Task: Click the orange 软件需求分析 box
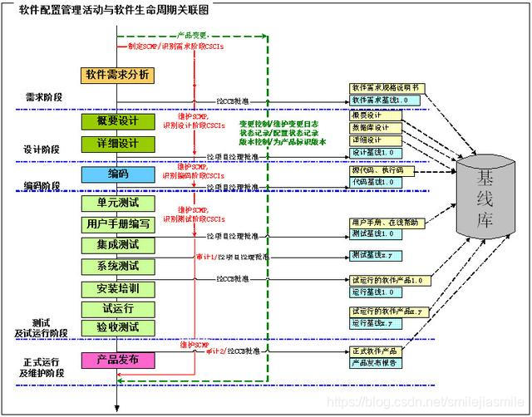[117, 76]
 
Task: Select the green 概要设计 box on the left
[117, 121]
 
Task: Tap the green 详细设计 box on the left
[117, 144]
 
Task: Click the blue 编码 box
[117, 174]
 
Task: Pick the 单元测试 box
[117, 203]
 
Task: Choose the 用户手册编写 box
[117, 224]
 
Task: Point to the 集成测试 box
[117, 245]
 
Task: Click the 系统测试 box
[117, 267]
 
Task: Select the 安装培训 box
[117, 288]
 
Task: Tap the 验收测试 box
[117, 326]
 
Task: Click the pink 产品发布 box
[117, 360]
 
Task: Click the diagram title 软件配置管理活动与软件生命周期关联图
[114, 9]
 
